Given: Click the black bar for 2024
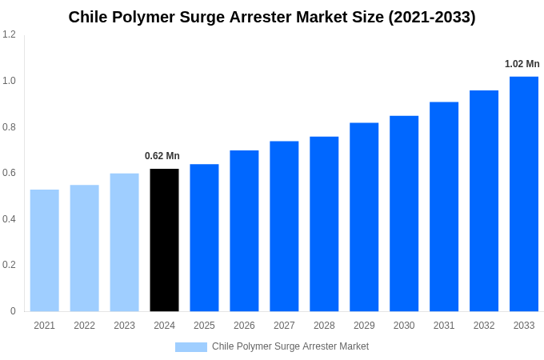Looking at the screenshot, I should coord(164,240).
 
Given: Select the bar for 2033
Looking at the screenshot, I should coord(524,194).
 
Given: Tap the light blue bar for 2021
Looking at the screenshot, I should coord(44,250).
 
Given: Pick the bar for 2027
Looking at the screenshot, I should coord(284,226).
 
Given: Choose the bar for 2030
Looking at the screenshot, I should coord(404,214).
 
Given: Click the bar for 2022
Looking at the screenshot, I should coord(84,248).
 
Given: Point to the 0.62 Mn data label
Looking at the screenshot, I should coord(162,156).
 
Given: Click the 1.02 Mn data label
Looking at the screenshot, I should coord(522,64).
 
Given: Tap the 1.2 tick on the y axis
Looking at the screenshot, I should coord(9,34).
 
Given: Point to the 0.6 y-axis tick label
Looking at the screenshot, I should coord(9,173).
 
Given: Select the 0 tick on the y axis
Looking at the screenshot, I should coord(13,311).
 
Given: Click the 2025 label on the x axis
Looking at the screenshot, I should coord(204,326).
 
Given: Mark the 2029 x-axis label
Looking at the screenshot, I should coord(364,326).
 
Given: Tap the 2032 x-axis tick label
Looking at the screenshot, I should coord(484,326).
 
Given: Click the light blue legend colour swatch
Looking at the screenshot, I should coord(190,347).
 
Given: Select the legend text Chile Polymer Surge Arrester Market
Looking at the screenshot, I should coord(290,346).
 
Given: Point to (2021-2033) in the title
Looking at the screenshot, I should coord(432,17).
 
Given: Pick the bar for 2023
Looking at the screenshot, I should coord(124,242).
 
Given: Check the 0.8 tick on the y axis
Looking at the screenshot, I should coord(9,126).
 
